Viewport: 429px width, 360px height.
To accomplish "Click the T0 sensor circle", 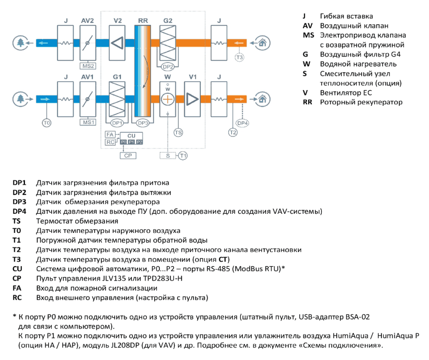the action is click(x=47, y=123).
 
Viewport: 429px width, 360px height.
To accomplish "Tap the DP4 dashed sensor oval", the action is click(x=242, y=123).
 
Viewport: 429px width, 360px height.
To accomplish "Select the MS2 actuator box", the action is click(x=88, y=66).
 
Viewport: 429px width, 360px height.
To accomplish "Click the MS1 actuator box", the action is click(x=88, y=122).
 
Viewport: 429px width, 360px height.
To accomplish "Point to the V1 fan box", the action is click(x=192, y=99).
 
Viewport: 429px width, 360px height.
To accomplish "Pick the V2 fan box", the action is click(x=117, y=43).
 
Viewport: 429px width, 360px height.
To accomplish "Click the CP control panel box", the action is click(x=128, y=156).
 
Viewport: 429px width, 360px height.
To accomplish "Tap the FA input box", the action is click(x=110, y=134).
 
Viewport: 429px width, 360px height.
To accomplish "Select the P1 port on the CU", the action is click(x=132, y=142).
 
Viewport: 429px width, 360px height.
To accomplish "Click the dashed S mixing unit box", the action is click(x=168, y=156).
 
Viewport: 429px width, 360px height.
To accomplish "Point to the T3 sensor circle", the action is click(x=239, y=58).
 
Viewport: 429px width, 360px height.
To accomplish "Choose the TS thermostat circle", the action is click(x=178, y=133).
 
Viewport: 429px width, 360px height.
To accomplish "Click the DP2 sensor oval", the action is click(x=168, y=66).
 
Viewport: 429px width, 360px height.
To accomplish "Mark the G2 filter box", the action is click(x=168, y=43).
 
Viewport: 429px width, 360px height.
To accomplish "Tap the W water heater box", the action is click(x=168, y=99).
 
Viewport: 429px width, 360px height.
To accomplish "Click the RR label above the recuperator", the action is click(x=143, y=21).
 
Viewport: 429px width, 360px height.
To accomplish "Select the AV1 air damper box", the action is click(x=88, y=99).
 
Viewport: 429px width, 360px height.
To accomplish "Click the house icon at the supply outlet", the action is click(x=262, y=99).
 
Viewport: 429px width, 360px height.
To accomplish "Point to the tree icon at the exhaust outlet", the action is click(x=21, y=43).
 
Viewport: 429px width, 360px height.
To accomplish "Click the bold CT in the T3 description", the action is click(x=223, y=259).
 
